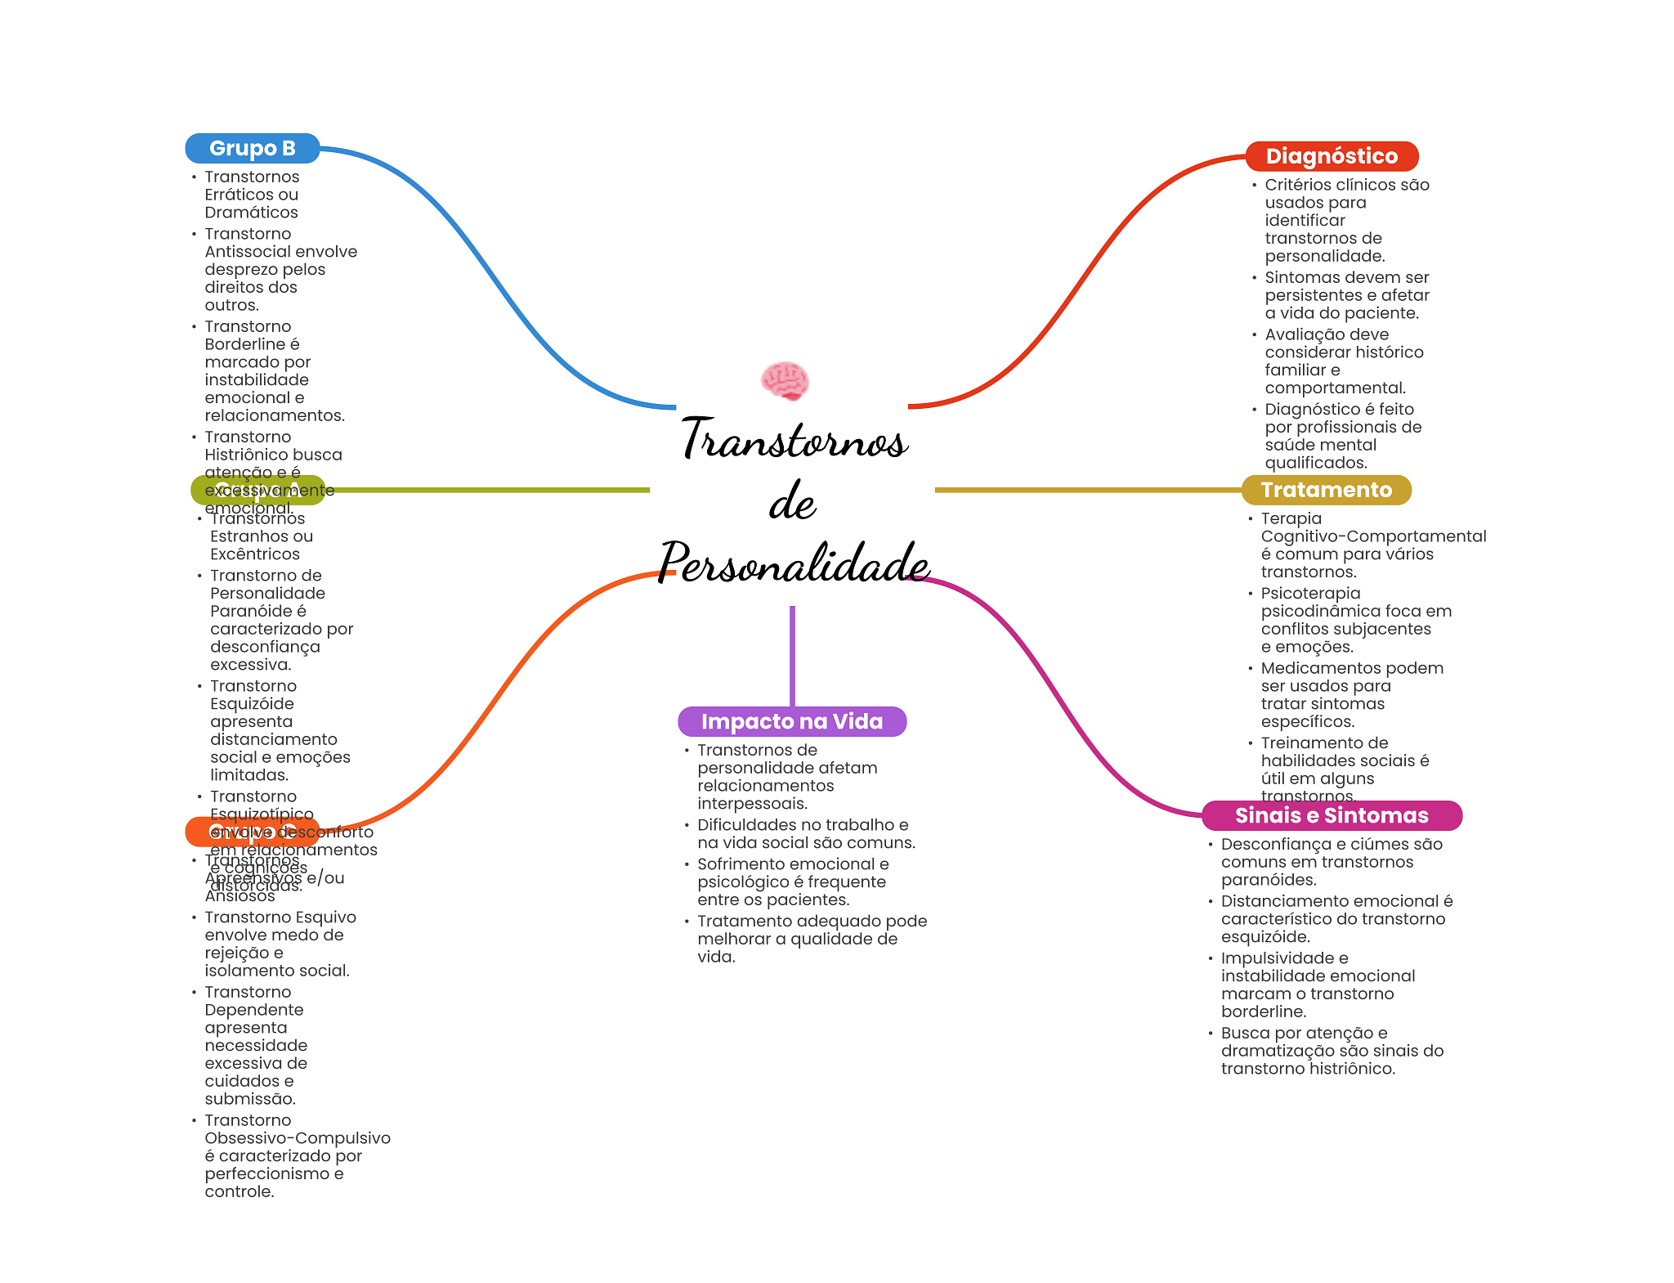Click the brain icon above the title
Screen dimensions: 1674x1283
(x=785, y=381)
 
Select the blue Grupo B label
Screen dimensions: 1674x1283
(x=253, y=148)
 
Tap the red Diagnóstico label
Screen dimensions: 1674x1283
(x=1332, y=156)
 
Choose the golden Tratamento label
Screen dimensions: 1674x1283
(x=1326, y=490)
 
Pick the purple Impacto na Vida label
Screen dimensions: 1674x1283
(x=792, y=721)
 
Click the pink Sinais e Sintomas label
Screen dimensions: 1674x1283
(x=1332, y=815)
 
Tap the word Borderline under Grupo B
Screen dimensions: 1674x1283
(x=244, y=344)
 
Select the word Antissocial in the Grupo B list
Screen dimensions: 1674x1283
(x=248, y=252)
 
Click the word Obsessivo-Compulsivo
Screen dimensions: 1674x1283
(x=298, y=1138)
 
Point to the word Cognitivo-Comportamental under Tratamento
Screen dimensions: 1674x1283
(x=1373, y=536)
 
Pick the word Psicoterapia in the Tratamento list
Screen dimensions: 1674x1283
(x=1310, y=594)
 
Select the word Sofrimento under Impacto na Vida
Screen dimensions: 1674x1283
(x=745, y=864)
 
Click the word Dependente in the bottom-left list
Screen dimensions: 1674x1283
(x=253, y=1010)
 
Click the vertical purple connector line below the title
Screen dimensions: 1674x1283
(x=792, y=654)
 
